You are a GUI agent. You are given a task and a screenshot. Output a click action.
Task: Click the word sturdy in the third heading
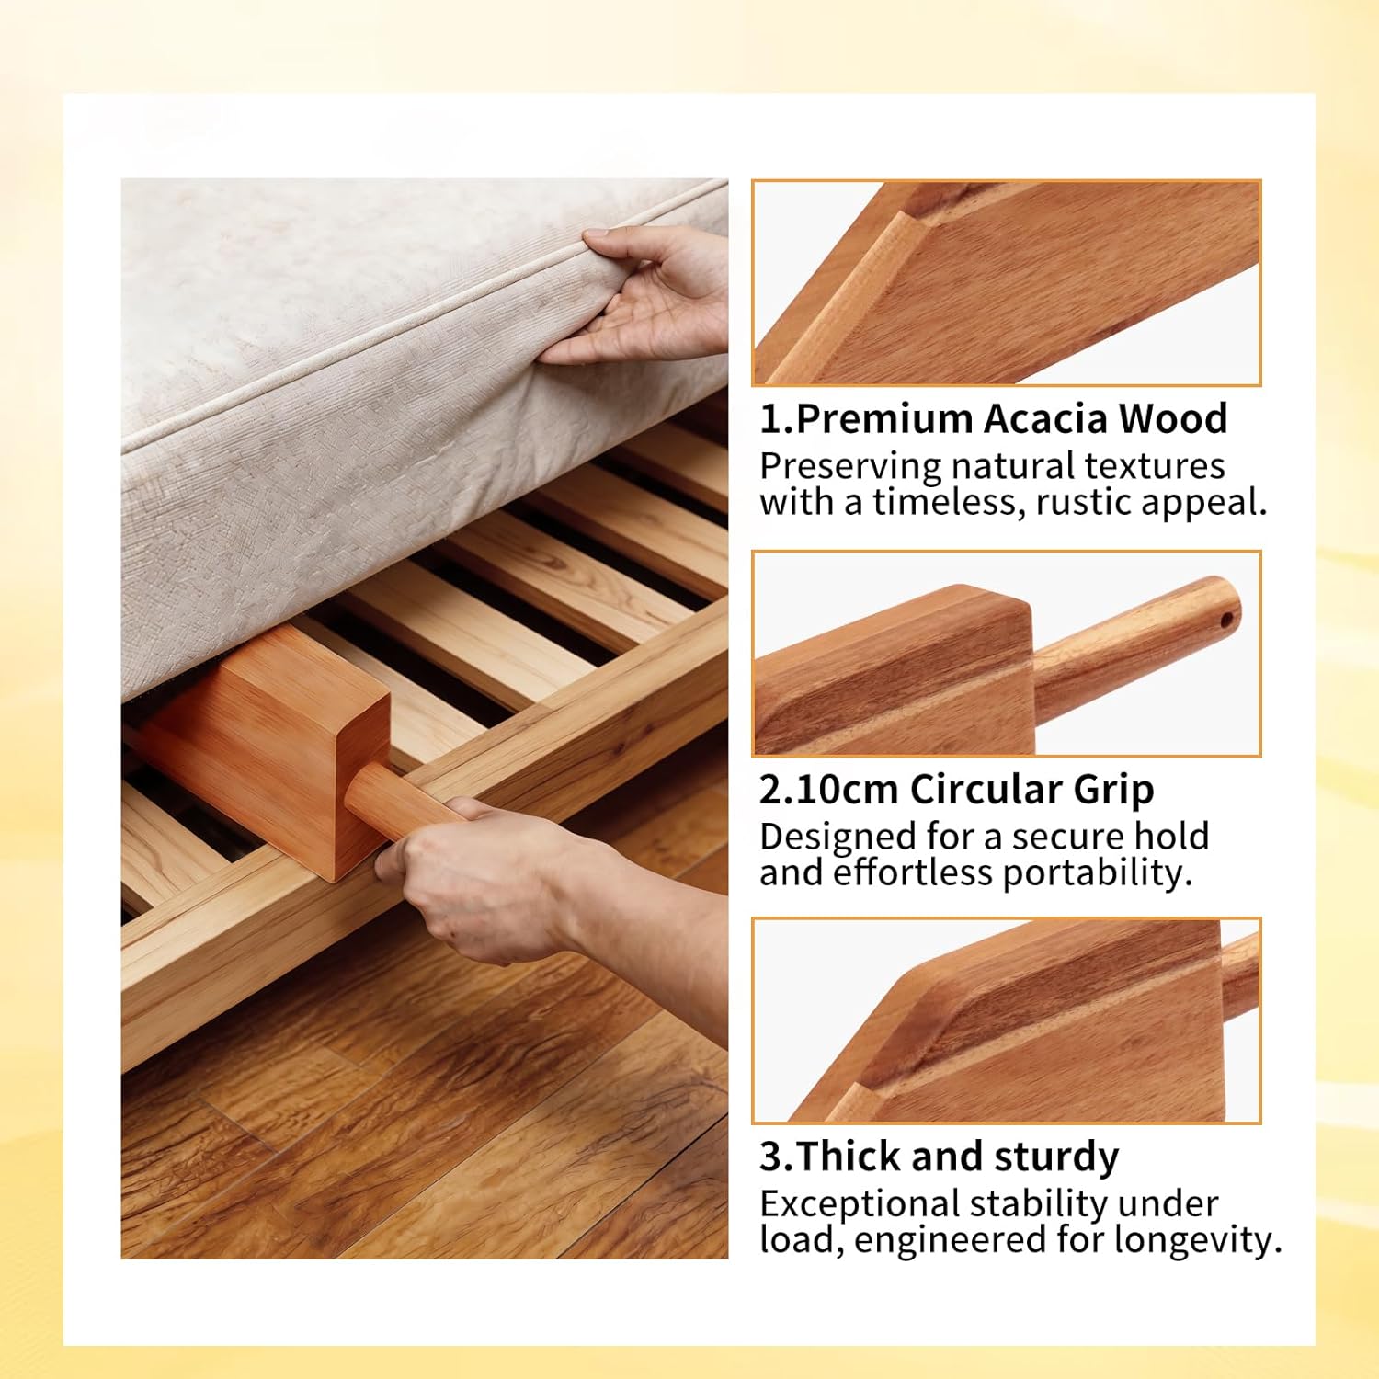click(x=1056, y=1157)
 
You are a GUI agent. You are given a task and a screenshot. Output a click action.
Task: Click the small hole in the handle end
click(x=1227, y=620)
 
